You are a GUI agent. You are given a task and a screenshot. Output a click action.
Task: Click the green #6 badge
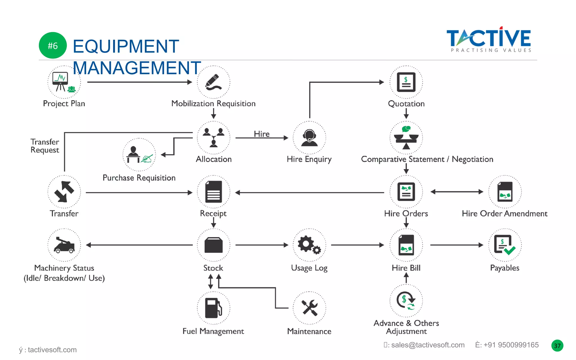click(x=53, y=46)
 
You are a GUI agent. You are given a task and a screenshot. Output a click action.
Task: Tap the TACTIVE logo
click(x=489, y=39)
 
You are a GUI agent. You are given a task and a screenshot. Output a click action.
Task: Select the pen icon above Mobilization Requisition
click(x=213, y=82)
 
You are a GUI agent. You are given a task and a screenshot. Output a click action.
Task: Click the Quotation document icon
click(x=406, y=82)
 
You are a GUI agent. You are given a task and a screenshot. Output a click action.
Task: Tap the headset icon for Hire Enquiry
click(x=309, y=138)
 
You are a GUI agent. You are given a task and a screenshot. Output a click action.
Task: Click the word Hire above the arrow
click(x=262, y=134)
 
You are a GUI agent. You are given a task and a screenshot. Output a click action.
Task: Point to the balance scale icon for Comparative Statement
click(x=406, y=138)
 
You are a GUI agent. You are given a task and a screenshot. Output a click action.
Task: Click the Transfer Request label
click(x=45, y=146)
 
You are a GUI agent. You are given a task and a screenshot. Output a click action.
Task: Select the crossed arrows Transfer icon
click(x=64, y=192)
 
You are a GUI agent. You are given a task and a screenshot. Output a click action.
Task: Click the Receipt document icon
click(x=213, y=192)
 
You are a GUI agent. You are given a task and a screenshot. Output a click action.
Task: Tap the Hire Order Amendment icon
click(x=505, y=192)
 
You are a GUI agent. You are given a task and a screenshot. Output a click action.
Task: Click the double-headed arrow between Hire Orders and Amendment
click(x=457, y=192)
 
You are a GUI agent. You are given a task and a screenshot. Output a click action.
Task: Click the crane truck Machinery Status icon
click(x=64, y=245)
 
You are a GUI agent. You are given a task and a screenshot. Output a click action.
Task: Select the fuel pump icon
click(x=213, y=308)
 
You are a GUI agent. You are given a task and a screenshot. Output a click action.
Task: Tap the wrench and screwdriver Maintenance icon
click(x=309, y=308)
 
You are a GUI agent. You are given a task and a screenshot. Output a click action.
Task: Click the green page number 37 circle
click(x=557, y=346)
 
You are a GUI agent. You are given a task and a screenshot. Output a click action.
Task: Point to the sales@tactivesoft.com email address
click(x=427, y=345)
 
